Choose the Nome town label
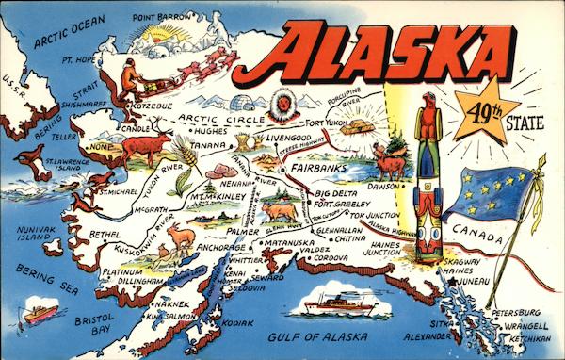97,148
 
